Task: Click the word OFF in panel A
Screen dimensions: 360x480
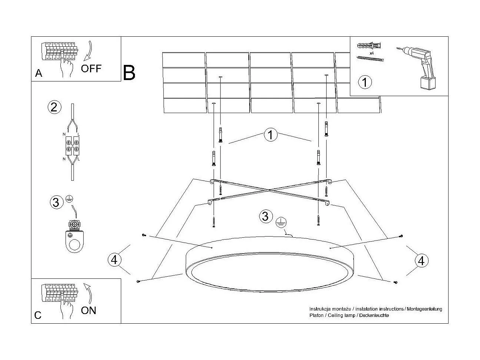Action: click(91, 68)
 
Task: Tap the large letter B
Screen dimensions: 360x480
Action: click(129, 73)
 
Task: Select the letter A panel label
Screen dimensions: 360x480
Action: click(39, 73)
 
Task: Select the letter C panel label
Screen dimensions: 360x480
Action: click(38, 316)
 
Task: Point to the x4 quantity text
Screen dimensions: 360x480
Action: click(371, 53)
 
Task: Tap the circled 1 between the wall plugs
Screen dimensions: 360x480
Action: click(271, 135)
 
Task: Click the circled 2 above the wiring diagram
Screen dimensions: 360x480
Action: click(54, 107)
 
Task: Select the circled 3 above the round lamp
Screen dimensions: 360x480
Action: click(265, 216)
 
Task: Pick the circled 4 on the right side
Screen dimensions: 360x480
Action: click(421, 261)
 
